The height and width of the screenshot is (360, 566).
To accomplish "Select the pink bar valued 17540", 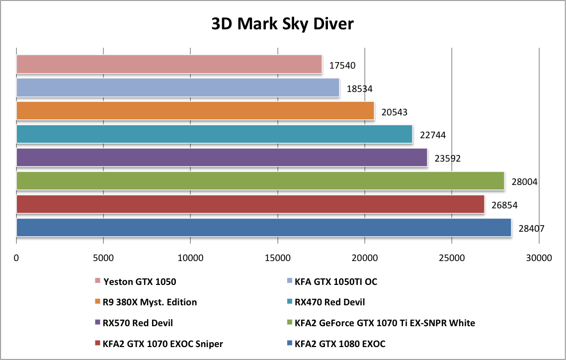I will (x=169, y=64).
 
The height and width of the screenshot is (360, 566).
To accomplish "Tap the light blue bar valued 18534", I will (x=177, y=88).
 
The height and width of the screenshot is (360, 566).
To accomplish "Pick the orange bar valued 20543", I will (x=195, y=110).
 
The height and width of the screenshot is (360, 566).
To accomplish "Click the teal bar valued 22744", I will (x=214, y=134).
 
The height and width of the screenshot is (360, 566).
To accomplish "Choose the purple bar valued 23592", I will (x=222, y=157).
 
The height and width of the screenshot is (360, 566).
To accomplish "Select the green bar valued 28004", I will (x=260, y=180).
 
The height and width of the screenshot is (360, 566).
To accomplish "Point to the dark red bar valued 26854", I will (x=250, y=204).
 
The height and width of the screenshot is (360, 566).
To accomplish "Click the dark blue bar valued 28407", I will (x=263, y=227).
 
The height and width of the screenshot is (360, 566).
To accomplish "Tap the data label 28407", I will (x=531, y=229).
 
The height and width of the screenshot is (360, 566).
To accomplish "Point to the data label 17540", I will (x=342, y=65).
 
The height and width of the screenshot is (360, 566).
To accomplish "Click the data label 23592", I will (x=448, y=159).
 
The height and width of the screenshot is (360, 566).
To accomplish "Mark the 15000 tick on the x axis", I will (x=277, y=258).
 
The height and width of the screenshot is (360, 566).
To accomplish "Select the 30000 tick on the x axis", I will (x=539, y=258).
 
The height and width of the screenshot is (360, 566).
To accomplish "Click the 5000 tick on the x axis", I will (x=103, y=258).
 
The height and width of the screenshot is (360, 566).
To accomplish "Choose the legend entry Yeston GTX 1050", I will (x=140, y=281).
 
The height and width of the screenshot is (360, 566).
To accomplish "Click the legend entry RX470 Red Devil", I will (x=329, y=302).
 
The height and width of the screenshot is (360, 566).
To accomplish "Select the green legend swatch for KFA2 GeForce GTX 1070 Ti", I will (x=289, y=323).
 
